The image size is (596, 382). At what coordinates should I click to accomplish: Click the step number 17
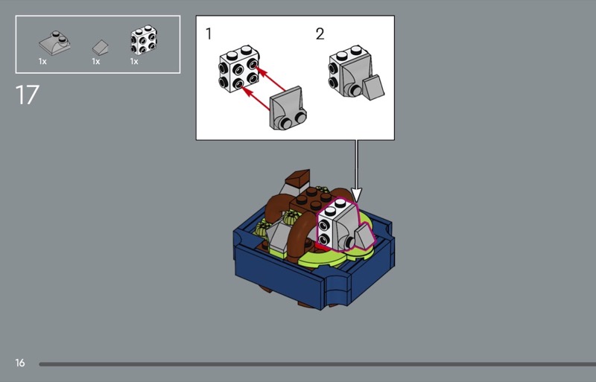click(x=27, y=95)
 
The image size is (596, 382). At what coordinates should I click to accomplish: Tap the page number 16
click(x=20, y=363)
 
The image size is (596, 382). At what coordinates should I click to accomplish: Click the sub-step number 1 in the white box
click(x=209, y=34)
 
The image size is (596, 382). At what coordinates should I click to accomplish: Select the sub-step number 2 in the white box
click(x=320, y=34)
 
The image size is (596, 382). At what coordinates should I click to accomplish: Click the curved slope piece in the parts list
click(x=54, y=43)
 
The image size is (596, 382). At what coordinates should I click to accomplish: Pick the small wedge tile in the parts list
click(x=101, y=48)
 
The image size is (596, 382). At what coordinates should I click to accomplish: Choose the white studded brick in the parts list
click(x=144, y=40)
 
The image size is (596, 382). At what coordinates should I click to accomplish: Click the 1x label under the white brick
click(x=134, y=62)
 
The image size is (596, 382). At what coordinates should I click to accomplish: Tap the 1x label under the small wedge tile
click(x=96, y=62)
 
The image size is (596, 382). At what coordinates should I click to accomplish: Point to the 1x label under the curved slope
click(x=42, y=62)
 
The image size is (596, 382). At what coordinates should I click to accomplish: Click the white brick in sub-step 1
click(x=238, y=69)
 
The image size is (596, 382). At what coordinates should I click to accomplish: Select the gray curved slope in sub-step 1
click(x=288, y=108)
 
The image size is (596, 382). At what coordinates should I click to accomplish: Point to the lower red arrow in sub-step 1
click(x=256, y=99)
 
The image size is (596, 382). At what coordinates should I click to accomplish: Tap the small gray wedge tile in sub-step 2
click(x=373, y=88)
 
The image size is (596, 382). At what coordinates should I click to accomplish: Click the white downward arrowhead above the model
click(x=356, y=194)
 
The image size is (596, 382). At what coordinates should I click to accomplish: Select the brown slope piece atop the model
click(x=299, y=177)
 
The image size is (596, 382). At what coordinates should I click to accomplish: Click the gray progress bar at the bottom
click(x=317, y=364)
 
